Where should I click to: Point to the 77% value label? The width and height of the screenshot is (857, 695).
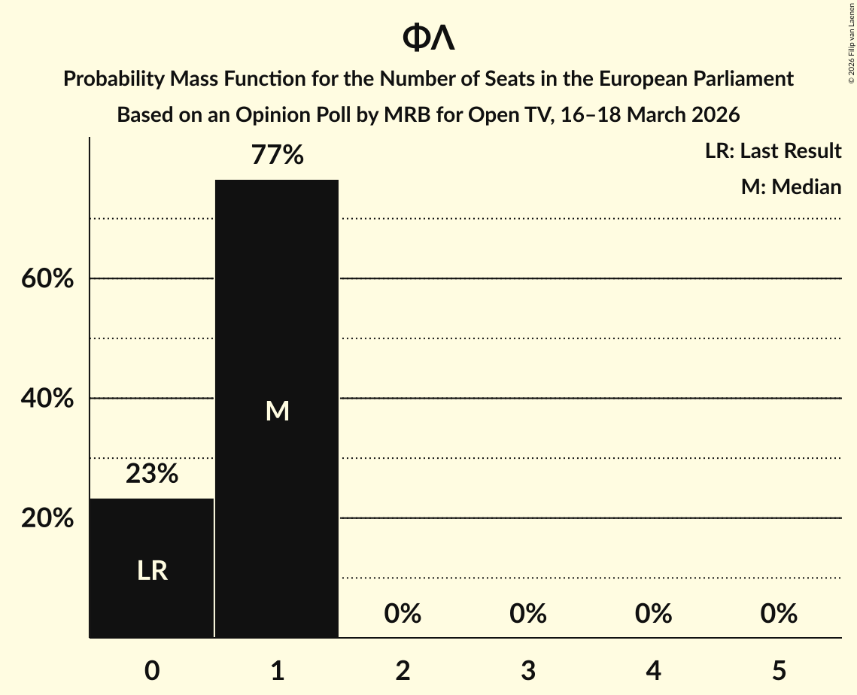[x=277, y=156]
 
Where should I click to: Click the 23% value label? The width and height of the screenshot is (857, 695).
[x=152, y=474]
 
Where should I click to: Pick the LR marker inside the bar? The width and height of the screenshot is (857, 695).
[x=152, y=571]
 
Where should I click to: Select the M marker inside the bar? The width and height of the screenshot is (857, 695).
[x=277, y=411]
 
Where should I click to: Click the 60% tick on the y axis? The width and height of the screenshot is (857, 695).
[x=47, y=279]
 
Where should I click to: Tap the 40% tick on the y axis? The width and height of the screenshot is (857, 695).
[x=47, y=399]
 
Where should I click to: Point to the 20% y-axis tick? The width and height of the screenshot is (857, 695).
[x=47, y=518]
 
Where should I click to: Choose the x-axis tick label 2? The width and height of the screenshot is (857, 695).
[x=403, y=670]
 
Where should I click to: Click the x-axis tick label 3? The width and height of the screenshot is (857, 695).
[x=527, y=670]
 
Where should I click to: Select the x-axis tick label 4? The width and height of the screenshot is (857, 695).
[x=653, y=670]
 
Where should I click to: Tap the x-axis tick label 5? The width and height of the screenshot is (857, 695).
[x=778, y=670]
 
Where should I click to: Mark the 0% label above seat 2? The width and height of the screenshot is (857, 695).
[x=403, y=614]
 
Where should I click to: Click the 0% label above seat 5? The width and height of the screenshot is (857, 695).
[x=778, y=614]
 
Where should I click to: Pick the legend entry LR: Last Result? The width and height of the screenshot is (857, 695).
[x=773, y=151]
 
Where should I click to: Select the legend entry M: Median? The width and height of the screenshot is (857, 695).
[x=791, y=187]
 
